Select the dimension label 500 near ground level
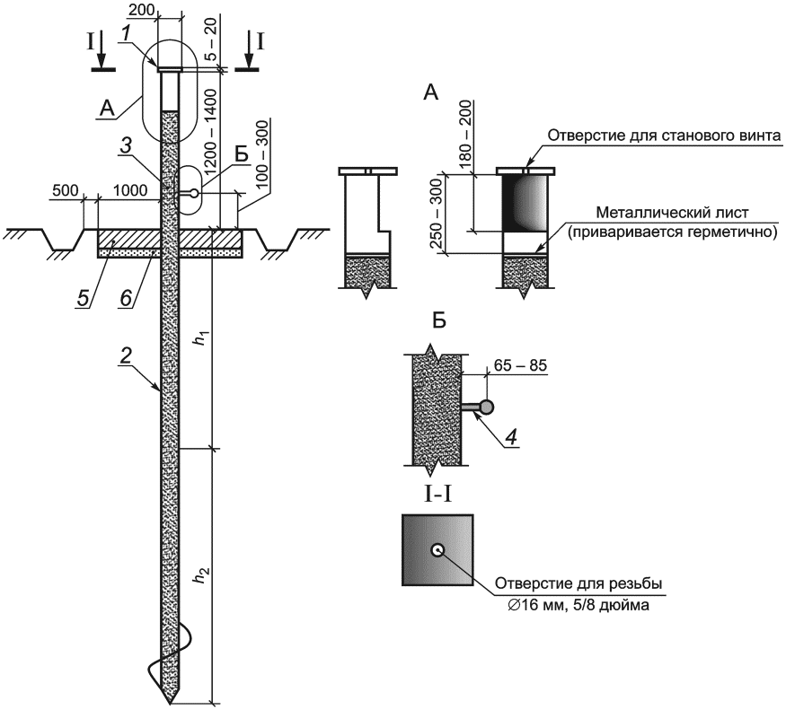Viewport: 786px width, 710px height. pos(65,190)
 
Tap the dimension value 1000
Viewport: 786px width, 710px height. pos(130,190)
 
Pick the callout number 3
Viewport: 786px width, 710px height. pos(127,146)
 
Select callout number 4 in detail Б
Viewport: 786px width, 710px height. pos(510,438)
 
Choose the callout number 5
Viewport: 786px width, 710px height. pos(83,299)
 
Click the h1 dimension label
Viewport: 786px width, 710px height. pos(201,339)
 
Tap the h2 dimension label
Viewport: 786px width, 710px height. pos(201,576)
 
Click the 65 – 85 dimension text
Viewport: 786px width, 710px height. pos(520,365)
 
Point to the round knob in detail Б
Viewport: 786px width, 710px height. pos(486,408)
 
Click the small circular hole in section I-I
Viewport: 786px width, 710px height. pos(437,550)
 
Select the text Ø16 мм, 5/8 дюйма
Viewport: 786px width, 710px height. pos(578,605)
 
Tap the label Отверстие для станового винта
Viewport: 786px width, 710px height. pos(664,136)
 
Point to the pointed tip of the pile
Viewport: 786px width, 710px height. pos(172,704)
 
